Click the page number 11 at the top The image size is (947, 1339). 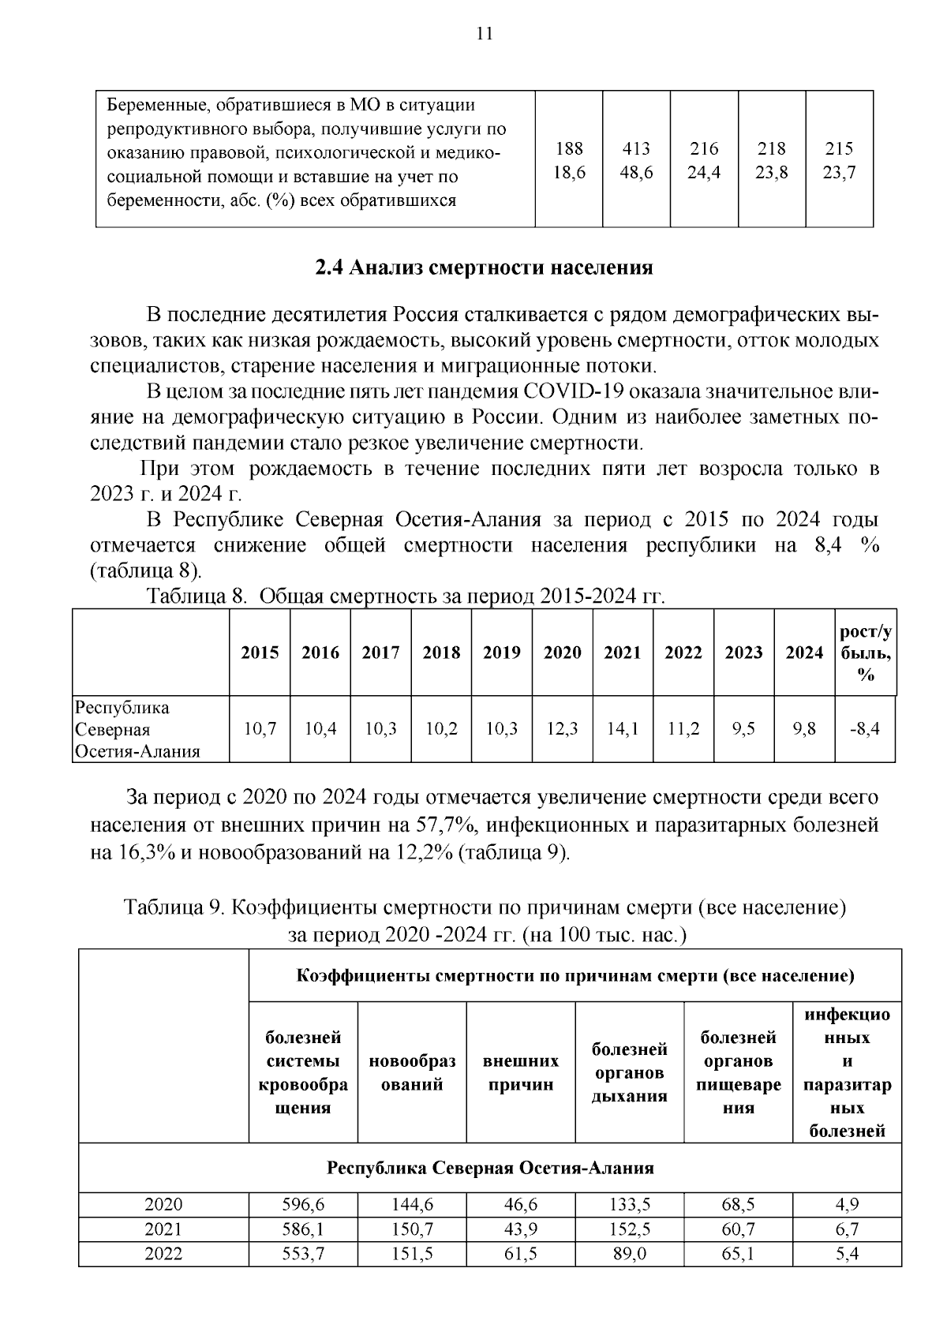[484, 33]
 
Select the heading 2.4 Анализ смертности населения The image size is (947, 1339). [484, 267]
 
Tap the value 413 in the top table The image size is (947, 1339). [636, 148]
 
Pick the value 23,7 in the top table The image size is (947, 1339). [839, 172]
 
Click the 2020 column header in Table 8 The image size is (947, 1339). [562, 653]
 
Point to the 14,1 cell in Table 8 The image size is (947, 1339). [623, 729]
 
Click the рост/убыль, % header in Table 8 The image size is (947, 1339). [866, 653]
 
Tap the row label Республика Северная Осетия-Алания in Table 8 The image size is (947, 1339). [137, 729]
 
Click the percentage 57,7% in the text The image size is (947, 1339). [443, 825]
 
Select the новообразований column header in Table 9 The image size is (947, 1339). [412, 1072]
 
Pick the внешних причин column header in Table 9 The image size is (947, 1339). [521, 1072]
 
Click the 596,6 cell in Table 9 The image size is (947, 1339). [303, 1205]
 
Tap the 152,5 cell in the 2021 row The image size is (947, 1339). [629, 1229]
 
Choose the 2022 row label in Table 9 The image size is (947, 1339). [163, 1253]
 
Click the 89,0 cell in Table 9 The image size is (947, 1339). [629, 1253]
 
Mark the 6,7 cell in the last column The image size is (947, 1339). [847, 1229]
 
